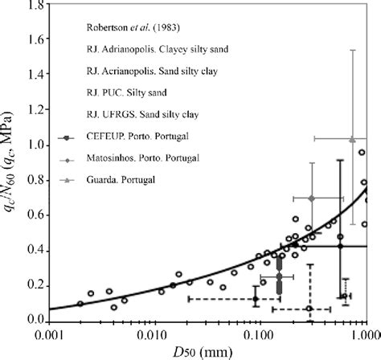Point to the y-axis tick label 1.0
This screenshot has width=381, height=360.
(x=34, y=145)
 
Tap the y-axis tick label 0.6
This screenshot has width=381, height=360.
(x=34, y=215)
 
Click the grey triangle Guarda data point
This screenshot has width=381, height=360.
(x=352, y=139)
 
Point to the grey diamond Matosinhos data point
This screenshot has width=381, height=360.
(x=311, y=198)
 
